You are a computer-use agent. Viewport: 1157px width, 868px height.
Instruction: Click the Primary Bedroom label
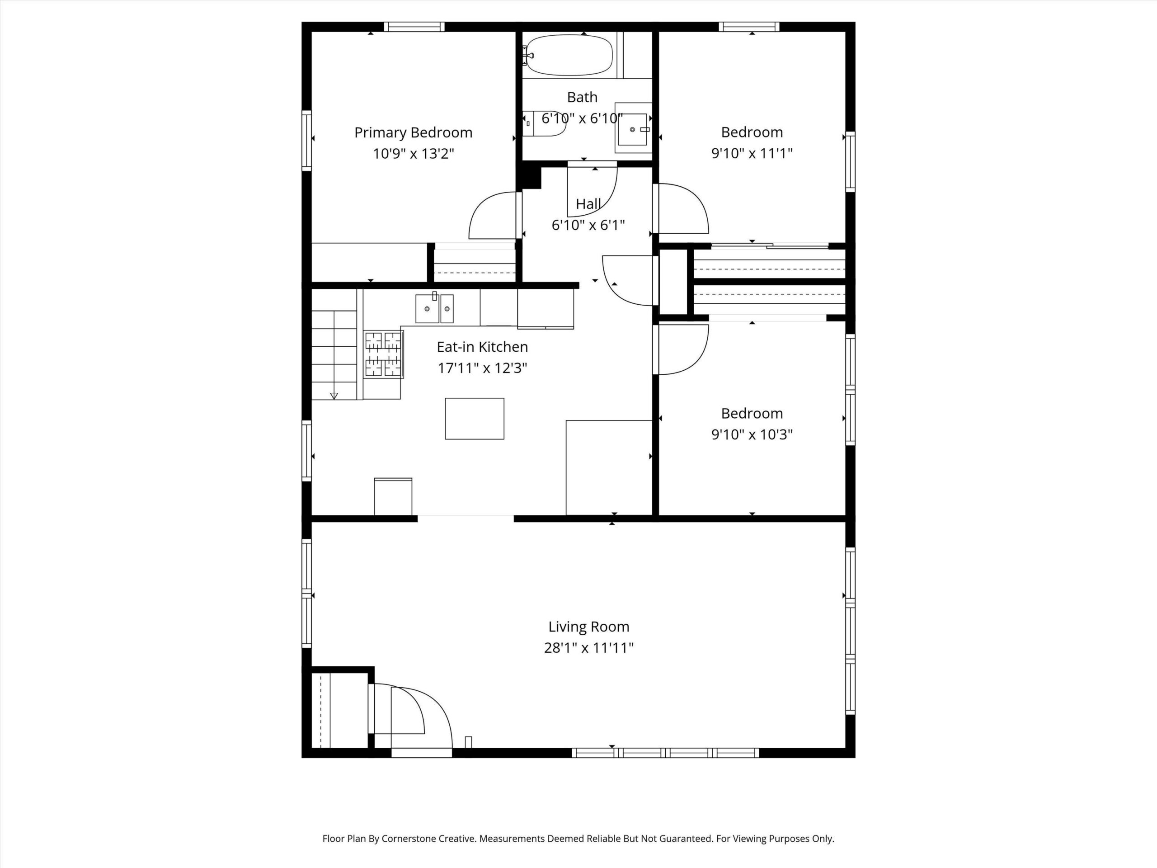click(x=413, y=133)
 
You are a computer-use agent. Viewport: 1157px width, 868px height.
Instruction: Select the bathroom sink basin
click(x=633, y=129)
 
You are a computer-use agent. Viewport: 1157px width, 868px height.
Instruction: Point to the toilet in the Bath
click(x=545, y=123)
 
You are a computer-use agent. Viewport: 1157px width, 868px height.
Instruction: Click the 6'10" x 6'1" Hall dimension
click(x=588, y=225)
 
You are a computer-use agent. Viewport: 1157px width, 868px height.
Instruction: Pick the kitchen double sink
click(x=434, y=309)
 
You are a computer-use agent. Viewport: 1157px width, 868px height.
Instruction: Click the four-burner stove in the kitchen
click(x=384, y=354)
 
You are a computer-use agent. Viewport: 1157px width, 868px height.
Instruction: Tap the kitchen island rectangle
click(x=475, y=419)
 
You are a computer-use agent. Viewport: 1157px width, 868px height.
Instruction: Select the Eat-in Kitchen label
click(x=482, y=347)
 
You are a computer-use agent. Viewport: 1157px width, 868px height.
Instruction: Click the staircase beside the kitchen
click(x=335, y=344)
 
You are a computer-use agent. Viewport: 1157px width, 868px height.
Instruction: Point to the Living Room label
click(x=588, y=626)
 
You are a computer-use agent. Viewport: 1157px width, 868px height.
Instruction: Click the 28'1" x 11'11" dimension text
click(x=588, y=648)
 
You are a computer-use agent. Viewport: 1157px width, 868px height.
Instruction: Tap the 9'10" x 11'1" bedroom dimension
click(x=752, y=153)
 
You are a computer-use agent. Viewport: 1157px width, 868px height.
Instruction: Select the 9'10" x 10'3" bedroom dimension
click(x=752, y=434)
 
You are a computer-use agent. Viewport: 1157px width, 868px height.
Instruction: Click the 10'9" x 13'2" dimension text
click(x=413, y=154)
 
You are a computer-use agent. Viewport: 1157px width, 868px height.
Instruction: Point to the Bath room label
click(x=582, y=97)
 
